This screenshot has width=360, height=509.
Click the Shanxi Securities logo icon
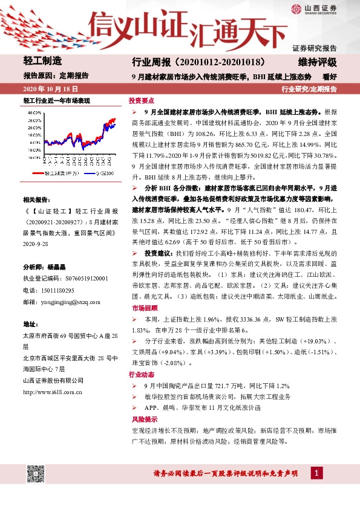pos(296,8)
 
